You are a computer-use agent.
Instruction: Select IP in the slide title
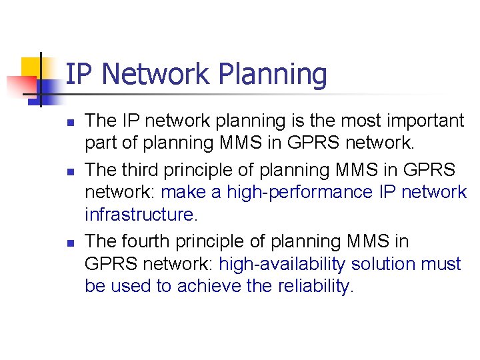tap(79, 75)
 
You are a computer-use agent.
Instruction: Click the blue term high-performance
tap(299, 192)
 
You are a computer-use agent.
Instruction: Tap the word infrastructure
tap(141, 215)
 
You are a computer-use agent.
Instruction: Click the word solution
tap(385, 264)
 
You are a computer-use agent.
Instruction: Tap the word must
tap(441, 264)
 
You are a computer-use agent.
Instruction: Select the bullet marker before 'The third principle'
tap(68, 171)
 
